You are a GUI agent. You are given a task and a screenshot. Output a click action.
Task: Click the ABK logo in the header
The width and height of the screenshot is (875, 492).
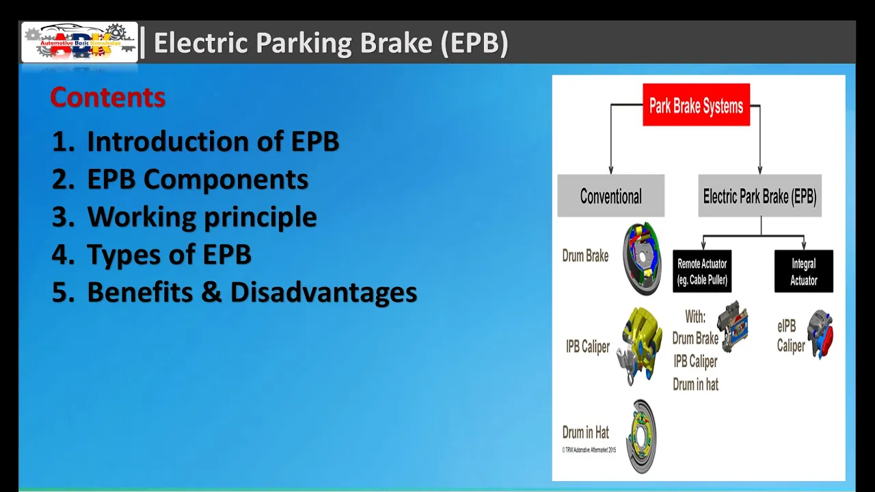80,42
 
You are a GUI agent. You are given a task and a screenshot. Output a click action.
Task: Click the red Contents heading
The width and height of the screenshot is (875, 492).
108,97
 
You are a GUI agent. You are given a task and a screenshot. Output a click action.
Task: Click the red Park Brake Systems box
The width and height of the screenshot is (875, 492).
696,105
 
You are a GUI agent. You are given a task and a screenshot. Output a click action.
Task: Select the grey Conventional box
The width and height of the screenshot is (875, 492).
611,195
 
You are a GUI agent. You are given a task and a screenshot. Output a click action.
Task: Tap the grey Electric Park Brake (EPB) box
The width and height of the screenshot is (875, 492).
759,195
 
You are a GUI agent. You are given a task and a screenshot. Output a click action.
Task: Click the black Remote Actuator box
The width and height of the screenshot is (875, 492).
702,271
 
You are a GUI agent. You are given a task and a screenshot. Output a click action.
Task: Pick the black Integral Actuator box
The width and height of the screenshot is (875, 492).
803,271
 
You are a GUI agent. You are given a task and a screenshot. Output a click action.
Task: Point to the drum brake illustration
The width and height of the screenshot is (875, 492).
642,258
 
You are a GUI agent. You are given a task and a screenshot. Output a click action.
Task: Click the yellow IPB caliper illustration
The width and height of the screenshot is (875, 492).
639,346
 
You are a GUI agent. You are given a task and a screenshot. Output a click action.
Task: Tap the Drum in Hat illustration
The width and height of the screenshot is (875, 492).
641,436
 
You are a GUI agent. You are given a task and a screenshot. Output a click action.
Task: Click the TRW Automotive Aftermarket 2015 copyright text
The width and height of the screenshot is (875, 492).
589,450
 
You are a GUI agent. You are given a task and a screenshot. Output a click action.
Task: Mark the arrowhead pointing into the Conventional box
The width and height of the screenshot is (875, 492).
611,170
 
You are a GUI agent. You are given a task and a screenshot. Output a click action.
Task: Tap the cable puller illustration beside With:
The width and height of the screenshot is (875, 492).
733,327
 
